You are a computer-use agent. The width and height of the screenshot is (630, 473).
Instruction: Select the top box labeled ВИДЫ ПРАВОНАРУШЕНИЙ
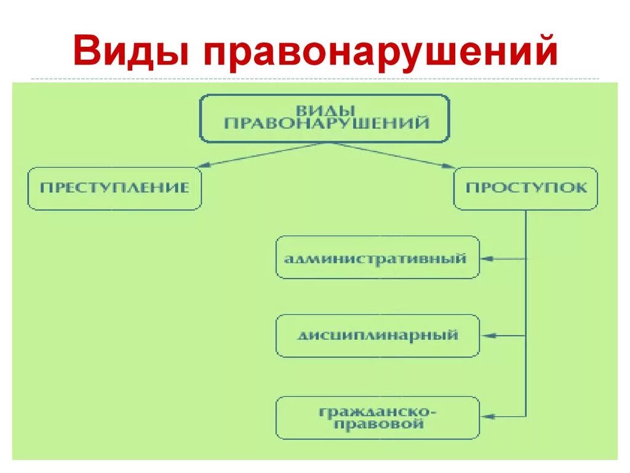pos(324,118)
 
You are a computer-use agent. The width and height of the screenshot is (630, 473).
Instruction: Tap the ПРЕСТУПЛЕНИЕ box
pos(114,188)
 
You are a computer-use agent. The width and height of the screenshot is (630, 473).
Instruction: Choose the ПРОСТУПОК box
pos(525,188)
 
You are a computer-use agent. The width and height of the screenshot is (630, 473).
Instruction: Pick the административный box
pos(377,257)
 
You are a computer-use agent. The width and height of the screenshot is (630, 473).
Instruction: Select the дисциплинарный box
pos(377,336)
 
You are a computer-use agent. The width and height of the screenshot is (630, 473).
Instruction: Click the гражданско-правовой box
pos(377,417)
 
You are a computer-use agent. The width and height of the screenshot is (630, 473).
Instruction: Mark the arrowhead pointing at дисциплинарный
pos(487,336)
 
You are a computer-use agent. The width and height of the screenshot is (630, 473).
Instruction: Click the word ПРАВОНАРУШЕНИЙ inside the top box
pos(326,124)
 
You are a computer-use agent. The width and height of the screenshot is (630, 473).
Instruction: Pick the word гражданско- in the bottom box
pos(377,411)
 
